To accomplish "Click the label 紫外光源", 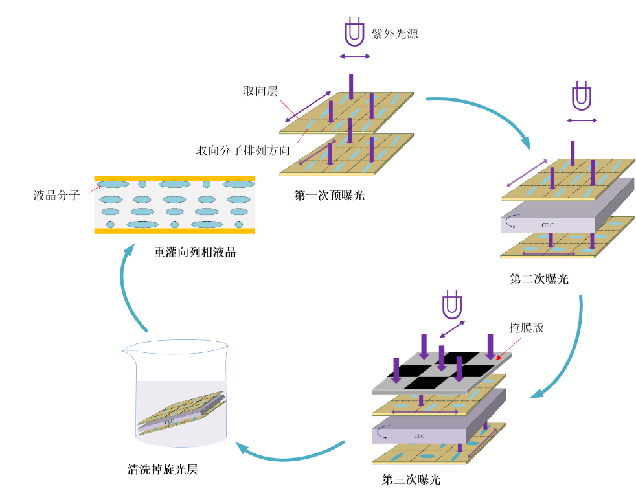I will pyautogui.click(x=394, y=34).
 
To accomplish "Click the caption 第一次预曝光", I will pyautogui.click(x=329, y=195).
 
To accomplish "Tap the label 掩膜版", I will pyautogui.click(x=527, y=327).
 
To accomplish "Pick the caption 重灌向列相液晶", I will pyautogui.click(x=194, y=252).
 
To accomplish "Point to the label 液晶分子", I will pyautogui.click(x=56, y=194).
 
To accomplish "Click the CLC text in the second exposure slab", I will pyautogui.click(x=547, y=225).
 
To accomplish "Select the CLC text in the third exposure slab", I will pyautogui.click(x=420, y=436).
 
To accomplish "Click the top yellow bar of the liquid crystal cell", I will pyautogui.click(x=175, y=178).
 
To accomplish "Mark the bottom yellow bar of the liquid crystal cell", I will pyautogui.click(x=175, y=231).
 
